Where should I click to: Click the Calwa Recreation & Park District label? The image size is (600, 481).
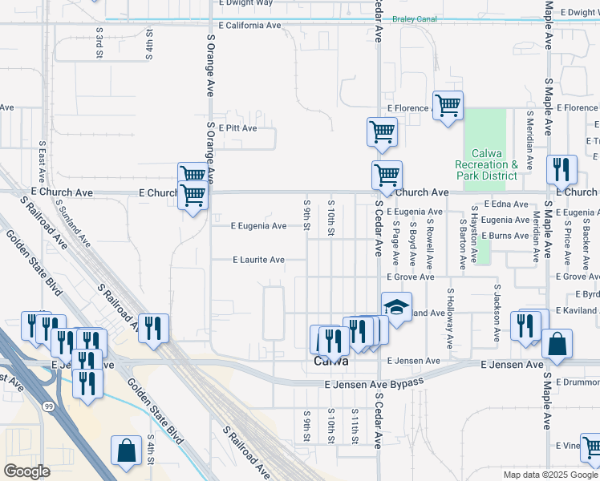pos(487,164)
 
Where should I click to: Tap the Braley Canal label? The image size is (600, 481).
pos(413,18)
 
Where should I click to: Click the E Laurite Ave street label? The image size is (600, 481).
pos(258,260)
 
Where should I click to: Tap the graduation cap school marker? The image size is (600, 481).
pos(396,307)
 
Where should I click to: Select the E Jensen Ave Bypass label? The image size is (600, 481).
pos(374,385)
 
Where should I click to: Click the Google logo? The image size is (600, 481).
pos(26,471)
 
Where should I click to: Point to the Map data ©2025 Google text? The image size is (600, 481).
pos(549,475)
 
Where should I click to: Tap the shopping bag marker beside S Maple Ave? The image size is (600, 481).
pos(557,345)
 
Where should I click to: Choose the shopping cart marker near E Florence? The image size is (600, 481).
pos(448,105)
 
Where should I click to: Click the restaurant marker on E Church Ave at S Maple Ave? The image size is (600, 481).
pos(561,169)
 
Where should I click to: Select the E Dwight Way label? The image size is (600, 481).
pos(246,3)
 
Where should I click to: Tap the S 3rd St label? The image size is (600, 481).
pos(100,42)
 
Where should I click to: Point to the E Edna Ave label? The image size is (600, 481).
pos(501,205)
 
